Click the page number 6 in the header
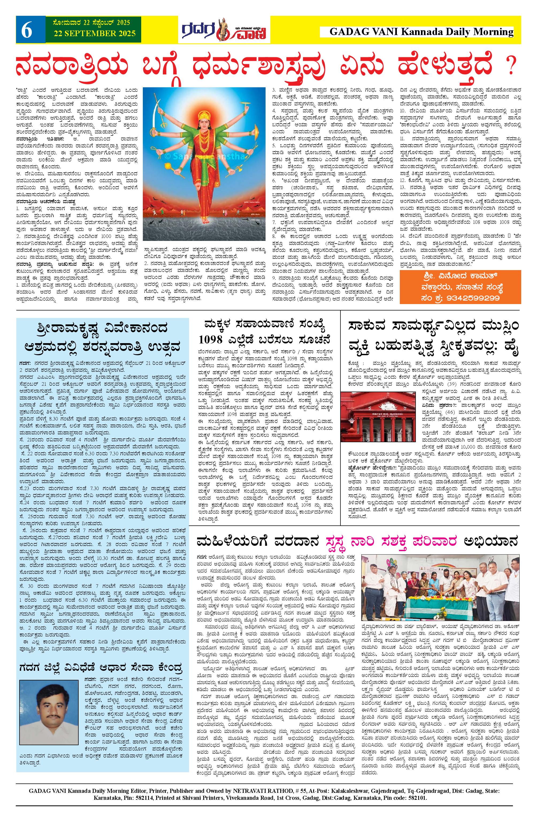coord(26,31)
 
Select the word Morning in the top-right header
coord(494,32)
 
